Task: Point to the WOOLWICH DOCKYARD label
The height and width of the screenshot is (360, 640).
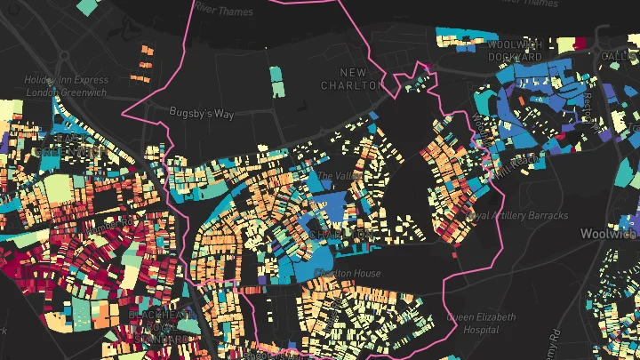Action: (x=515, y=51)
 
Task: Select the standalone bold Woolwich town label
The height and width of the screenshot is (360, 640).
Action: (x=609, y=234)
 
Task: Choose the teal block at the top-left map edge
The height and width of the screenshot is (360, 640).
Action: (x=87, y=5)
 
